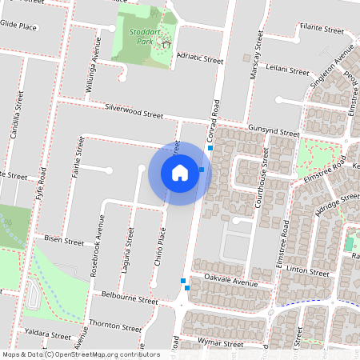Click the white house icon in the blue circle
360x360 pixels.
pos(179,173)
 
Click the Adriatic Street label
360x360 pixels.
pos(199,58)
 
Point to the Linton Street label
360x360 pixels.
pos(309,272)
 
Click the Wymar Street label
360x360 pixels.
pos(222,344)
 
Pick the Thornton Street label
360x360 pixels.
pos(116,326)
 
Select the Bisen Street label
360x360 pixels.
pos(64,240)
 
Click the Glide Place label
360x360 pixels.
pos(18,26)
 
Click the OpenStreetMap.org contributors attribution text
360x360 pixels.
pos(107,354)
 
